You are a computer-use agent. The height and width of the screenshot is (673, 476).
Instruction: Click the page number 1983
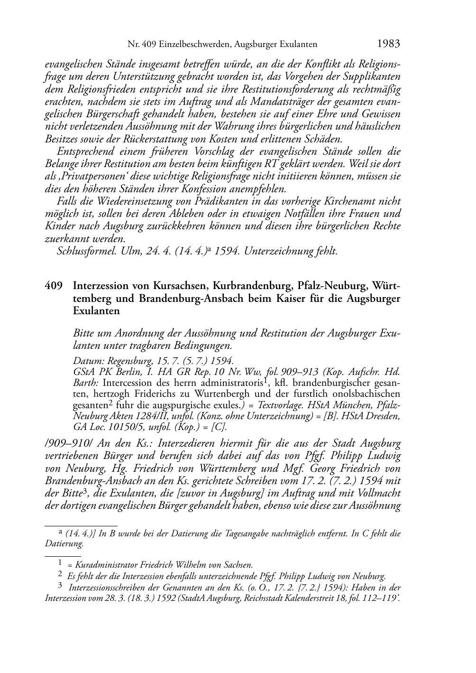coord(389,44)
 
